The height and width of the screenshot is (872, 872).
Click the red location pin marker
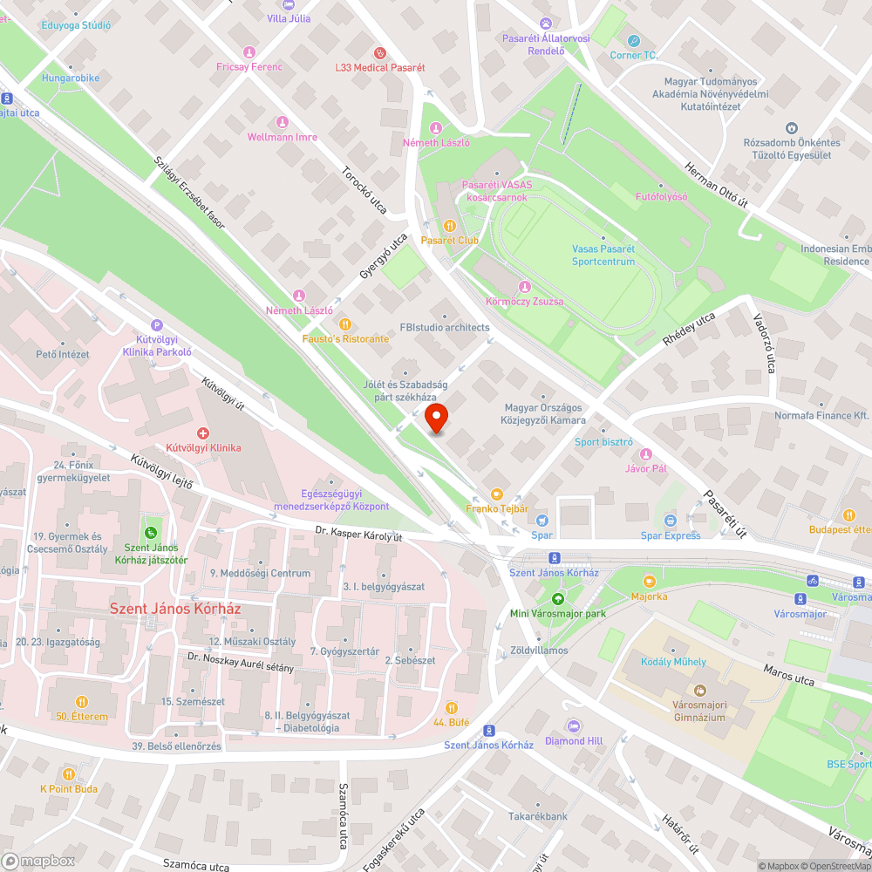pos(436,419)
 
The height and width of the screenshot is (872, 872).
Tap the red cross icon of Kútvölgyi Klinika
pos(203,433)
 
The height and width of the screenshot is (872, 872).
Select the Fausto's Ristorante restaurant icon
pos(346,324)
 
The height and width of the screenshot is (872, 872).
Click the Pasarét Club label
pos(450,240)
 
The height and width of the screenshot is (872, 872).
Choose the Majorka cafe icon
pos(649,581)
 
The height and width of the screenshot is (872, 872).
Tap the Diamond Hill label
pos(573,741)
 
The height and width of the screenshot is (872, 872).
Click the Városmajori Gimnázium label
pos(699,711)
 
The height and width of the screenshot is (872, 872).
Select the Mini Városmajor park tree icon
pos(558,597)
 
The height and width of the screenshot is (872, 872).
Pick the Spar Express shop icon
pos(670,521)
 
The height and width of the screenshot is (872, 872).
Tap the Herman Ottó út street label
pos(718,184)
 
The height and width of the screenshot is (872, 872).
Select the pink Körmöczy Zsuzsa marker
pos(523,287)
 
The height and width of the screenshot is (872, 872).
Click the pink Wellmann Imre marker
pos(282,122)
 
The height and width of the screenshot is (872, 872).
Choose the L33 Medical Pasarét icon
pos(379,52)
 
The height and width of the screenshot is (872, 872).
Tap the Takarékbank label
pos(538,816)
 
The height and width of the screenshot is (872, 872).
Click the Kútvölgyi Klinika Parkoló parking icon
pos(157,324)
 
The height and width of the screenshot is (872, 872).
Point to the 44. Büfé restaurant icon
pos(451,707)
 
